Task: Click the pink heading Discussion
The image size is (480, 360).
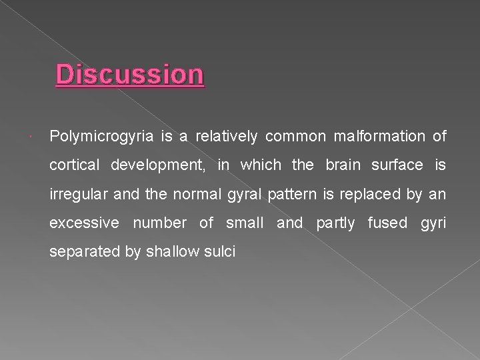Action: click(x=130, y=75)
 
